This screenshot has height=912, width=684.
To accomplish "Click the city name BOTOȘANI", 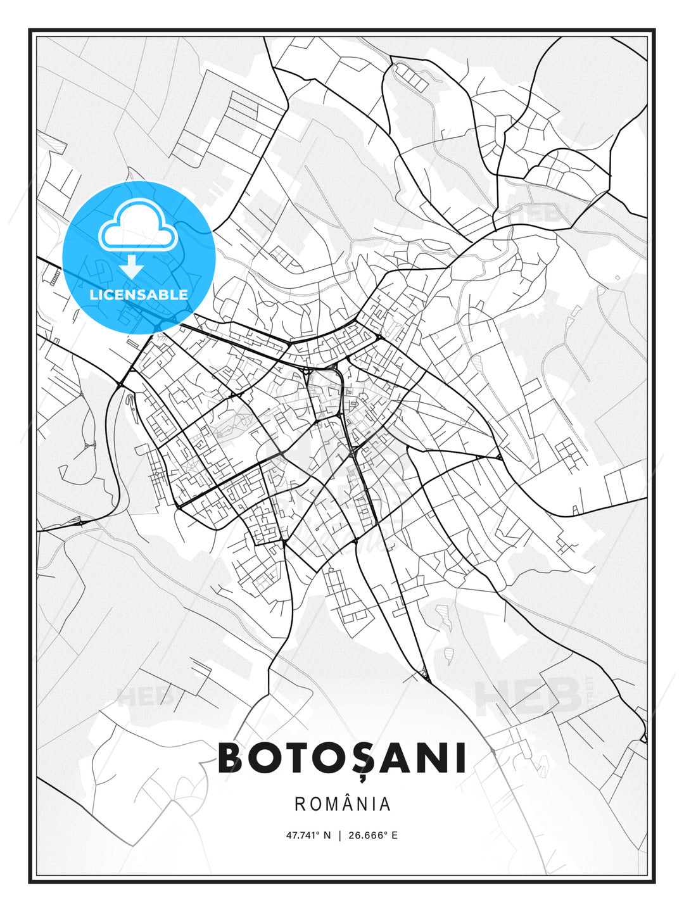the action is click(x=342, y=758).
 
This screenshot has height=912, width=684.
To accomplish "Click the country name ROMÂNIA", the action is click(x=342, y=804).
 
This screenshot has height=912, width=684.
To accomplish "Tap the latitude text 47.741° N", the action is click(x=308, y=835).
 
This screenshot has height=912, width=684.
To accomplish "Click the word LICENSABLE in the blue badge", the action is click(x=139, y=294).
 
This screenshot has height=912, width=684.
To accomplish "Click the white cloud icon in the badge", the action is click(x=137, y=226).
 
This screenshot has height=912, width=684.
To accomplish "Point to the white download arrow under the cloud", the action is click(x=132, y=267).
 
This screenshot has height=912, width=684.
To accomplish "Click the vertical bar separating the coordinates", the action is click(x=341, y=835).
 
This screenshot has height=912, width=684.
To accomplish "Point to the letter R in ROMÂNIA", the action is click(x=300, y=804).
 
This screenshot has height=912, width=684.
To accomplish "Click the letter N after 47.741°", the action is click(x=327, y=835).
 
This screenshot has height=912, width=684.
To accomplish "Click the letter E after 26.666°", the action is click(x=394, y=835).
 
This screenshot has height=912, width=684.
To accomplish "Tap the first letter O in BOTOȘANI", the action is click(x=267, y=758).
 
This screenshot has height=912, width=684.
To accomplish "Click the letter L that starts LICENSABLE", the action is click(x=93, y=294).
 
